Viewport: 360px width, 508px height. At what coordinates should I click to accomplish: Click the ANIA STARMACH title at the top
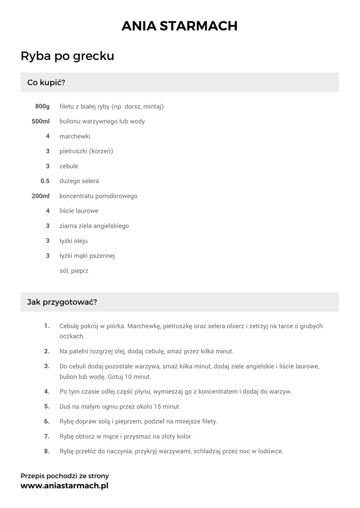[180, 26]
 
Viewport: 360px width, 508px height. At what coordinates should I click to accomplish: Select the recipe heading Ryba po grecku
[68, 56]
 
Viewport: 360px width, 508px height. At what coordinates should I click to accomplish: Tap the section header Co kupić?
[46, 82]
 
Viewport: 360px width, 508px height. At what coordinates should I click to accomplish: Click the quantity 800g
[43, 107]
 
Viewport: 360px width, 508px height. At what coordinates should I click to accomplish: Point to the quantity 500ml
[41, 122]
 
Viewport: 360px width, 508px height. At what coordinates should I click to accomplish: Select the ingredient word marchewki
[74, 136]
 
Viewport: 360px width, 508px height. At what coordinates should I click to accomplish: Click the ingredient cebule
[69, 166]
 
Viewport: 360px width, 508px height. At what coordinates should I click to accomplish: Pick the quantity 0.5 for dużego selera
[45, 181]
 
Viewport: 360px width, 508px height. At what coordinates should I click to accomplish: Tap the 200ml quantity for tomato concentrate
[41, 196]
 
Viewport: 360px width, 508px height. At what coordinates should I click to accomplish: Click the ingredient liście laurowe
[78, 211]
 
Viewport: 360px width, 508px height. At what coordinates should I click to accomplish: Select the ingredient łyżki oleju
[73, 241]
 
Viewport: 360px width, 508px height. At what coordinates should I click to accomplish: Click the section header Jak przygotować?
[62, 302]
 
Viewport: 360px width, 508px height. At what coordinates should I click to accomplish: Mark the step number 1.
[47, 326]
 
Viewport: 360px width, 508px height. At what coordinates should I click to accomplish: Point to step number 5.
[47, 406]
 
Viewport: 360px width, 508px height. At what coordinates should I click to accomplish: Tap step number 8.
[47, 451]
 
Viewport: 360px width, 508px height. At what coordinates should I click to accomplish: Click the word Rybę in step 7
[67, 437]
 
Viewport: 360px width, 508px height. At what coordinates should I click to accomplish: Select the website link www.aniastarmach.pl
[64, 486]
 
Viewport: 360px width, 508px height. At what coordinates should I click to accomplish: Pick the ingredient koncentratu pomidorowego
[98, 196]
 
